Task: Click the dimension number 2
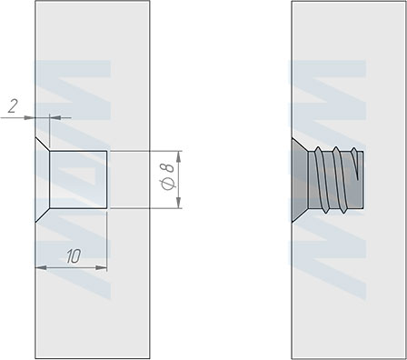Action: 13,106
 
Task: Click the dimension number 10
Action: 74,256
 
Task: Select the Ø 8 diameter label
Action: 168,176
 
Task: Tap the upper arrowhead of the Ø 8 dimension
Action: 179,156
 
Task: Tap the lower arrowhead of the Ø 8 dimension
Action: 179,203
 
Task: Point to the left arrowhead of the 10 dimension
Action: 41,267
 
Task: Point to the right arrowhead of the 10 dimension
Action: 101,267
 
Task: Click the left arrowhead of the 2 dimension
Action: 30,117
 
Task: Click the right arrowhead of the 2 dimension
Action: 55,117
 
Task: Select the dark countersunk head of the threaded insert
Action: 300,180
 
